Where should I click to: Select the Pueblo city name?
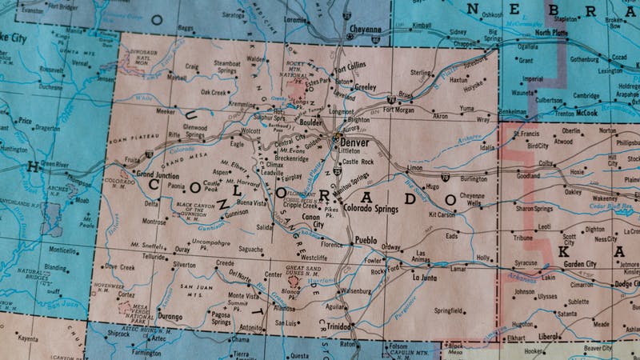click(x=366, y=240)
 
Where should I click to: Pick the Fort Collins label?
click(x=350, y=66)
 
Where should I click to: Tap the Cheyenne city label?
click(x=365, y=29)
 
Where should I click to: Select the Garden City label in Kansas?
click(x=580, y=264)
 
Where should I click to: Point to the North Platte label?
click(x=552, y=33)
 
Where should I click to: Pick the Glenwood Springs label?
click(x=195, y=130)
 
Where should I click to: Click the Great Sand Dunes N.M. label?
click(x=302, y=270)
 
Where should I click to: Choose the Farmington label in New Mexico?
click(x=146, y=352)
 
